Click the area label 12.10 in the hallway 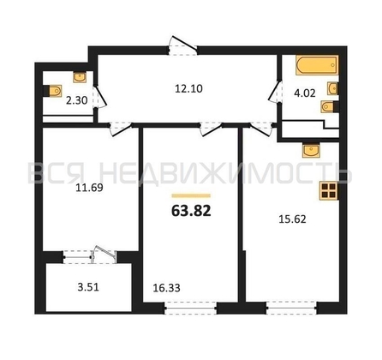(188, 89)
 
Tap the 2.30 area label (76, 100)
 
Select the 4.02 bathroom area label (305, 93)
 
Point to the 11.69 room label (89, 188)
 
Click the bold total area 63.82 (191, 211)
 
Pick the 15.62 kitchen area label (292, 219)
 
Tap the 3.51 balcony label (88, 287)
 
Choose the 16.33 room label (166, 288)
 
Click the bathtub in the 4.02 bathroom (317, 65)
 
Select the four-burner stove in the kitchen (328, 191)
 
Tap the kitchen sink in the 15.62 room (311, 151)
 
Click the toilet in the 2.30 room (54, 91)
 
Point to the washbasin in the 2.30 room (80, 77)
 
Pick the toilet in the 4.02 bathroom (330, 106)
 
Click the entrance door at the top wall (182, 45)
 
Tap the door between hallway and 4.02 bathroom (276, 92)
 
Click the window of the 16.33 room (191, 309)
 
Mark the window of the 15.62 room (291, 309)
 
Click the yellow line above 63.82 (191, 195)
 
